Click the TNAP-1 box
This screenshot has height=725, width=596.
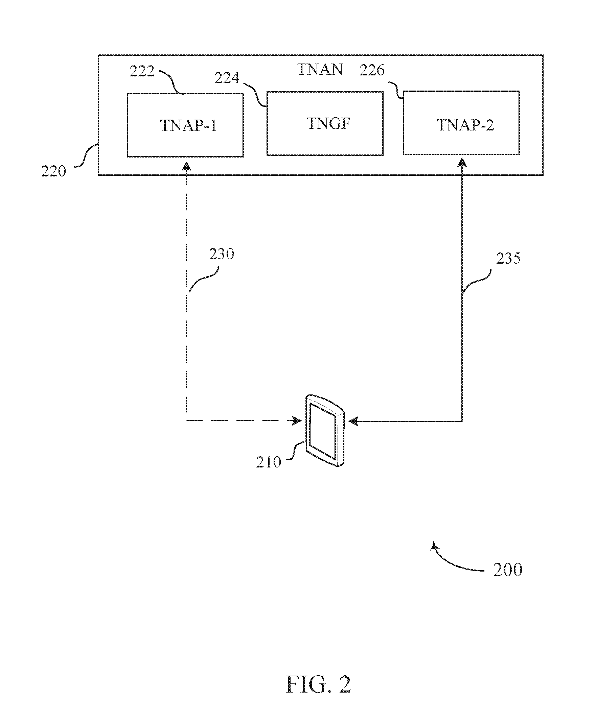click(185, 125)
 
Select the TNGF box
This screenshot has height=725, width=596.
click(325, 123)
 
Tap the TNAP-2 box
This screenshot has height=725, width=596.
click(461, 123)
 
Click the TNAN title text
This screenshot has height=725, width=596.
click(320, 70)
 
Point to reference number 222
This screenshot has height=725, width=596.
click(142, 71)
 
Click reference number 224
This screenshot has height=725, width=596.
click(227, 78)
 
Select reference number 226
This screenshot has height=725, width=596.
click(372, 70)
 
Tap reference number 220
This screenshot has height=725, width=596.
click(53, 171)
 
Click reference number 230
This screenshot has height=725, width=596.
click(222, 254)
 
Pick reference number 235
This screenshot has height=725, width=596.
click(508, 258)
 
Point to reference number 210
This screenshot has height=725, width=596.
click(269, 462)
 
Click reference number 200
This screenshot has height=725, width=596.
click(508, 570)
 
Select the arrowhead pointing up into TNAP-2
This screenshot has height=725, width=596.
click(462, 163)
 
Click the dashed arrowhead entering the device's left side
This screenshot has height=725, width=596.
click(297, 420)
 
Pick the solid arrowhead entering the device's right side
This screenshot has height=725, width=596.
click(353, 421)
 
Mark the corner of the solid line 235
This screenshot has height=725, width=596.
click(462, 421)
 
